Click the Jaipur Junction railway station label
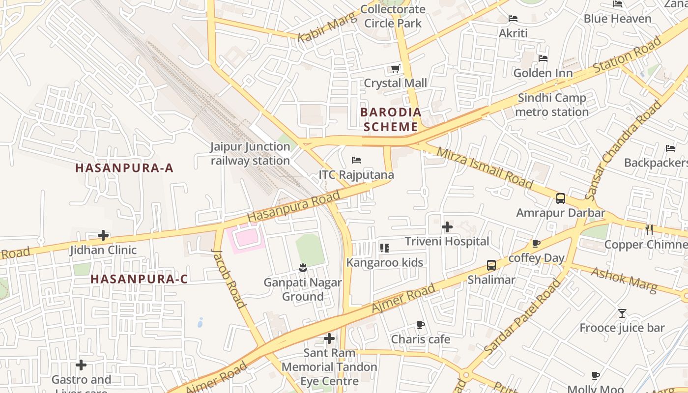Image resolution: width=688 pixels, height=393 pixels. [250, 153]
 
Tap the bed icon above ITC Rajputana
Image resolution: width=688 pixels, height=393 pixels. [356, 160]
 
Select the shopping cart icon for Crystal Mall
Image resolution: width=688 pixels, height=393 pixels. [395, 69]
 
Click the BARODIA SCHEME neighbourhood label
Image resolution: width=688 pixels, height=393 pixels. [391, 119]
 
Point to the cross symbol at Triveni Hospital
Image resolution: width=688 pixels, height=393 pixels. [447, 227]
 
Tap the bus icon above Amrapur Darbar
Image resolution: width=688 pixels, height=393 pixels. [560, 198]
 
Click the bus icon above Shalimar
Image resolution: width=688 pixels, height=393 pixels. [491, 265]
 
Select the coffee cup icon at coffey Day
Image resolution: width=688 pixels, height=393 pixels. [536, 243]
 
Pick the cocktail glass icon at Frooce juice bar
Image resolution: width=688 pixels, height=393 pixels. [622, 313]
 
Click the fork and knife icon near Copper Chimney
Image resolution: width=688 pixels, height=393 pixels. [649, 229]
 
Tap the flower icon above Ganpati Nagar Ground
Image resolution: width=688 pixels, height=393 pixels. [303, 268]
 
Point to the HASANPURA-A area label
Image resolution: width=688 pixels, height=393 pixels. [124, 168]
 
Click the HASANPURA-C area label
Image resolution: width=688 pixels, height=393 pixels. [139, 279]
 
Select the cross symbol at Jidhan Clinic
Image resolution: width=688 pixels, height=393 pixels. [103, 235]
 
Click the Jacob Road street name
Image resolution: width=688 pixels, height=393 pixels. [229, 278]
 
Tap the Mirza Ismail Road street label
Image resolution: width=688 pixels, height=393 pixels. [485, 168]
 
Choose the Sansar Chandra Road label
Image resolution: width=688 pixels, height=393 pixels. [624, 150]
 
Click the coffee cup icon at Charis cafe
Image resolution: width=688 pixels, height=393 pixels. [420, 325]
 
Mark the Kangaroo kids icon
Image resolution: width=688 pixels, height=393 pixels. [385, 248]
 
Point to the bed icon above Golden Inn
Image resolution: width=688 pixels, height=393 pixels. [543, 58]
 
